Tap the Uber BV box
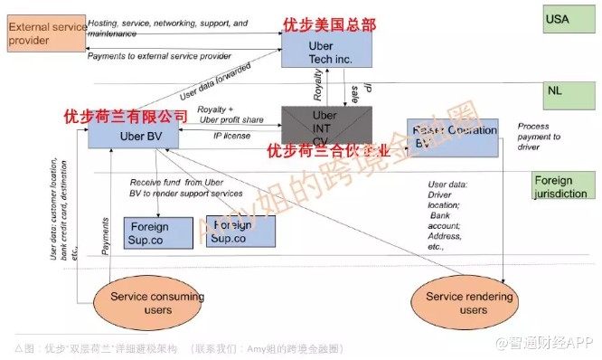coord(132,137)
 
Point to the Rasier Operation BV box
coord(452,136)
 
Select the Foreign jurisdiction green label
coord(562,186)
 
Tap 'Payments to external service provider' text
coord(160,56)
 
